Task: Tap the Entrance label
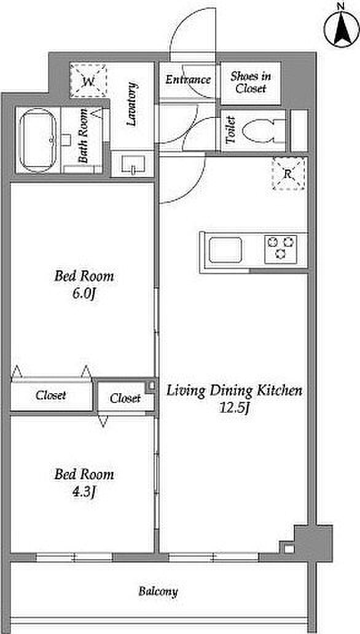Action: click(x=188, y=79)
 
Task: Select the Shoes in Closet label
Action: click(x=251, y=82)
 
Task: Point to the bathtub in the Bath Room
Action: click(x=37, y=141)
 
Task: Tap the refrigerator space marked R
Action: click(x=288, y=174)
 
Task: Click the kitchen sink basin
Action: click(x=225, y=250)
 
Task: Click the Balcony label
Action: click(x=158, y=592)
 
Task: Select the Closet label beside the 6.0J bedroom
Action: click(x=50, y=395)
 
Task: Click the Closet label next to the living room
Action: click(x=125, y=399)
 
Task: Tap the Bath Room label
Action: click(x=84, y=136)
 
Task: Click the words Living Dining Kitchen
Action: click(x=235, y=391)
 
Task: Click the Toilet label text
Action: click(x=231, y=130)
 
